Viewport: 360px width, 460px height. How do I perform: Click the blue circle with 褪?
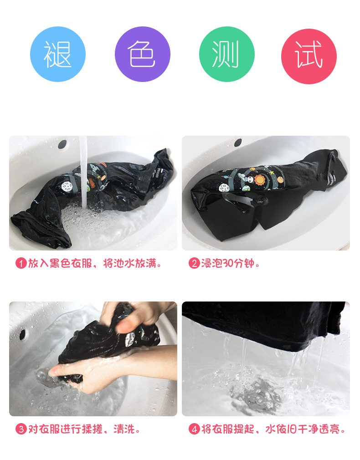tap(58, 54)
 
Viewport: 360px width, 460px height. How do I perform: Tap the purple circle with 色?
tap(143, 54)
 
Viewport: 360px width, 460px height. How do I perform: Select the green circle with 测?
tap(226, 54)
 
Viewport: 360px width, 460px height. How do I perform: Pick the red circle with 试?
tap(309, 56)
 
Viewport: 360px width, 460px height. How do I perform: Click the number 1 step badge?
tap(21, 263)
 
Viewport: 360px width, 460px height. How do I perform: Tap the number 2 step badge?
tap(194, 263)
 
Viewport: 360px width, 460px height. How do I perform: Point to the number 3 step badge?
tap(21, 429)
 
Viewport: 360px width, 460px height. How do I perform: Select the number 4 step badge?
tap(194, 429)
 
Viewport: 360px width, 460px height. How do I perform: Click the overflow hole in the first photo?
tap(62, 144)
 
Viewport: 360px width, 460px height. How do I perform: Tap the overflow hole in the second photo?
tap(238, 143)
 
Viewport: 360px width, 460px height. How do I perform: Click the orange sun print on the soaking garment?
tap(260, 180)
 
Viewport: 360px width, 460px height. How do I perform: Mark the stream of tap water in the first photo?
tap(83, 173)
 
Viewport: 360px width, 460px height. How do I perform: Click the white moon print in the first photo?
tap(67, 186)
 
